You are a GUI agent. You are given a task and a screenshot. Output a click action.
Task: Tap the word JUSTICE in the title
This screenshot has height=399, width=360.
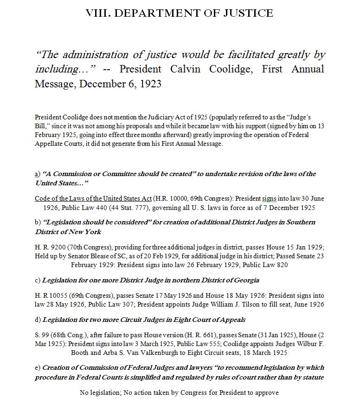coord(249,13)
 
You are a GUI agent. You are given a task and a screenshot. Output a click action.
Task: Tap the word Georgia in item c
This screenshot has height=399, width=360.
coord(244,280)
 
